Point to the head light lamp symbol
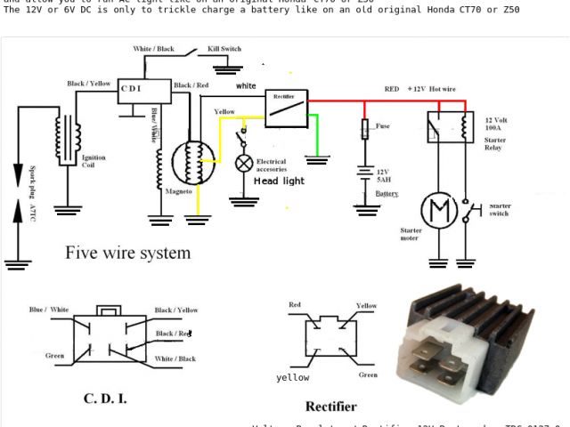pos(243,164)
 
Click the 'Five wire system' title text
pos(127,253)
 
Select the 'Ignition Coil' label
pos(93,162)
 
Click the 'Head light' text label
pos(279,181)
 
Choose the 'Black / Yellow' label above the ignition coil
pos(89,84)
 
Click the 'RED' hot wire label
pos(392,90)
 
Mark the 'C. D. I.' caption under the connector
pos(105,398)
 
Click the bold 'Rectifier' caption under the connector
pos(331,407)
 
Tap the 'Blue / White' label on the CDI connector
pos(48,310)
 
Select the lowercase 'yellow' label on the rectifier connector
pos(292,377)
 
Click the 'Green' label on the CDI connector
pos(54,356)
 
